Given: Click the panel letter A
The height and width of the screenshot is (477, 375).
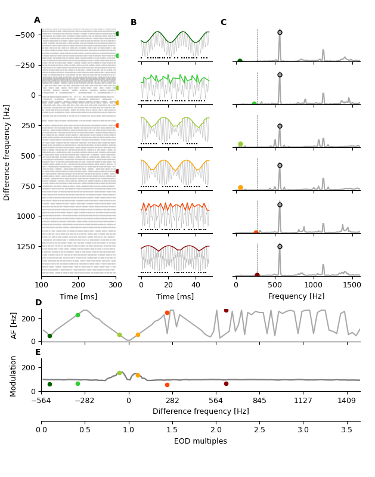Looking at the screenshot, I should point(37,20).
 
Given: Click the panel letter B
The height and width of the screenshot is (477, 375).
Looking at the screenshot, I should point(134,23).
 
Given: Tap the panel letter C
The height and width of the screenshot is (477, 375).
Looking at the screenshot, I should point(224,23).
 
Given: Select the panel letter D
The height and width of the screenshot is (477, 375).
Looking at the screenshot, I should point(38,303).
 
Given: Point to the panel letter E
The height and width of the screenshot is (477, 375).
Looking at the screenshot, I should point(38,352).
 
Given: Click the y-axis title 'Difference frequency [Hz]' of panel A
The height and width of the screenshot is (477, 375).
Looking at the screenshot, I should point(7,152).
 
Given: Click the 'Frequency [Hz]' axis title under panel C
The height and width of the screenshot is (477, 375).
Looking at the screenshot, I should point(296,296).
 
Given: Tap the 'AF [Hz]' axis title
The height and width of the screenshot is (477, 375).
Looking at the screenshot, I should point(14,325).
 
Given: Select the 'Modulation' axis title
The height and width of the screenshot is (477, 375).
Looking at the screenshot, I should point(14,374).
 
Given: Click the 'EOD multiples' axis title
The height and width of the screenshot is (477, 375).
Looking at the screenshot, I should point(200,441).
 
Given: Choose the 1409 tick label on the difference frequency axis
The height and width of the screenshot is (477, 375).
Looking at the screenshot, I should point(347,401).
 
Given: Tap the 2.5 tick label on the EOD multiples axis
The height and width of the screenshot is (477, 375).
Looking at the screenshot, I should point(259,429).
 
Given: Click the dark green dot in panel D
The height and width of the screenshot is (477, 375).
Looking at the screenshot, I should point(49,336).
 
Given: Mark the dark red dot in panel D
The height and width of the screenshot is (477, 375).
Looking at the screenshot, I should point(226,310).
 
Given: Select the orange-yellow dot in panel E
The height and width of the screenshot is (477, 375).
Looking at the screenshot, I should point(138,375).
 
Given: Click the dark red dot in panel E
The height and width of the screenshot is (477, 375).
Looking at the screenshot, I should point(226,383).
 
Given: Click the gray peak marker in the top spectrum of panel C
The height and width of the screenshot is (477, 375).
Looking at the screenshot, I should point(280,33).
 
